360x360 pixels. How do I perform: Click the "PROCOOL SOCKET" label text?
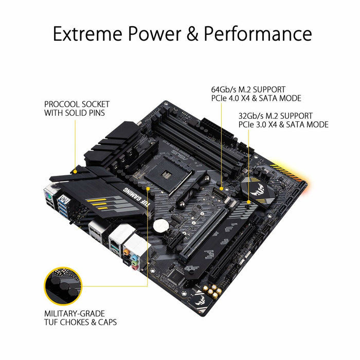pyautogui.click(x=77, y=104)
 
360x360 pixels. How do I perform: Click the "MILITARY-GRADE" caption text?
pyautogui.click(x=75, y=313)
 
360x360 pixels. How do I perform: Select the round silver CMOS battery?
pyautogui.click(x=163, y=224)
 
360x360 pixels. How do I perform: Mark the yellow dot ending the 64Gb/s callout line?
pyautogui.click(x=223, y=189)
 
